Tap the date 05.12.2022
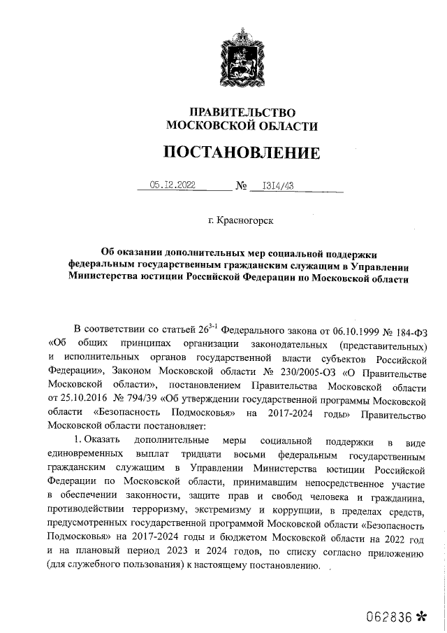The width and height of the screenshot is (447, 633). [173, 185]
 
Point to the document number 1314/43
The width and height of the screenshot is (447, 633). [277, 185]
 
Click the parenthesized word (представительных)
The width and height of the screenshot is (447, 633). [381, 344]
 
